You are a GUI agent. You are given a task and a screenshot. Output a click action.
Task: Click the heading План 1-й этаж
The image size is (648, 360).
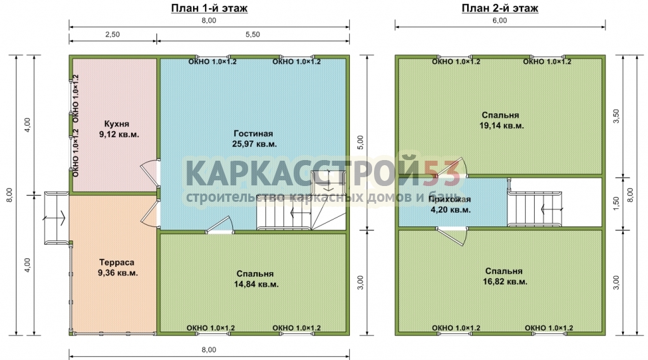[x=209, y=8]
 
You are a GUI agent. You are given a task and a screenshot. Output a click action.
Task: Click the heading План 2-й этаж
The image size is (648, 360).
[x=500, y=8]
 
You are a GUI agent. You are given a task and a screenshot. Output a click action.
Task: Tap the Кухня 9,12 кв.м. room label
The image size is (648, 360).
[x=118, y=129]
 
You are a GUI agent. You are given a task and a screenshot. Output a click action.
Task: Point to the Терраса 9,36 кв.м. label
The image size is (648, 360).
[x=118, y=268]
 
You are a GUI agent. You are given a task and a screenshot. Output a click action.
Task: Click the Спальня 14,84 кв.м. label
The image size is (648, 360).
[x=256, y=279]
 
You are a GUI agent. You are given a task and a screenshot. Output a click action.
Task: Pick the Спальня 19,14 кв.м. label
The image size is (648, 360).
[x=501, y=120]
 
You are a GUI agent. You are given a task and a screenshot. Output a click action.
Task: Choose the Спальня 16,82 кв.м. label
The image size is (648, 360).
[x=504, y=276]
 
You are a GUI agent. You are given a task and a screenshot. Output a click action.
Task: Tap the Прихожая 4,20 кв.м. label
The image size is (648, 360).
[x=450, y=204]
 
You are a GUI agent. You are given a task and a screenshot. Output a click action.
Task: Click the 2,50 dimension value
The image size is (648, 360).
[x=113, y=35]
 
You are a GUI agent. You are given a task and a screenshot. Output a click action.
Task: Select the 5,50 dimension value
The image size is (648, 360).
[x=252, y=35]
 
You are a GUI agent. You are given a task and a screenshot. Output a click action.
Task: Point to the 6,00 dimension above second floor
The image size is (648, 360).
[x=500, y=21]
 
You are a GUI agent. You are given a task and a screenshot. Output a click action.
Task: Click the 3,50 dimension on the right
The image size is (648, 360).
[x=616, y=116]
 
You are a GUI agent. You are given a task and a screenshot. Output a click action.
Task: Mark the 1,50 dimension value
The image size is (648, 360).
[x=616, y=203]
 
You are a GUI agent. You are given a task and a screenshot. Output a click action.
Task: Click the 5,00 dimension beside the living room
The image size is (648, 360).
[x=360, y=142]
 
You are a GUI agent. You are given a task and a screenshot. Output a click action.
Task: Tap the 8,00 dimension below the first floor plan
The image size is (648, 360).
[x=209, y=350]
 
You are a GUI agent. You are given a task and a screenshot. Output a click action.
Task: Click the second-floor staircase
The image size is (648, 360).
[x=534, y=209]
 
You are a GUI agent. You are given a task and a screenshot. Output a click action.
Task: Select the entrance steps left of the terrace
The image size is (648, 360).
[x=56, y=218]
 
